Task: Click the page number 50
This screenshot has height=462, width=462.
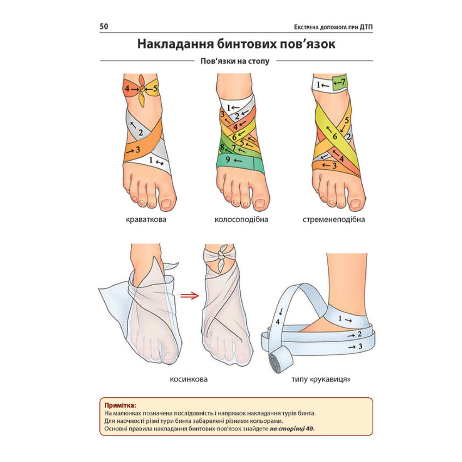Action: click(x=104, y=26)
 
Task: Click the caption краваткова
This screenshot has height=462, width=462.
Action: click(x=146, y=219)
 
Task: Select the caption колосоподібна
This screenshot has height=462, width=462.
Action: click(x=241, y=219)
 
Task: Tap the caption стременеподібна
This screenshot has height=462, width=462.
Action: click(x=334, y=219)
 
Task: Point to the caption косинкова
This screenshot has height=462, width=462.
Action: click(x=188, y=379)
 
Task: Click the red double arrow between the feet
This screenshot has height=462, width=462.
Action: click(x=190, y=296)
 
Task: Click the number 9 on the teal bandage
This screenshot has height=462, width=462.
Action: click(x=228, y=159)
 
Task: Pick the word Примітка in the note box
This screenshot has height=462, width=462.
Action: click(x=120, y=405)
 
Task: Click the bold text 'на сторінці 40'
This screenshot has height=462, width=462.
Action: click(x=292, y=429)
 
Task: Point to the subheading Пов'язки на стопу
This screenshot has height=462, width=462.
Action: click(x=235, y=61)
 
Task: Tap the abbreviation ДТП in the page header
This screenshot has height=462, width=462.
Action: click(x=366, y=27)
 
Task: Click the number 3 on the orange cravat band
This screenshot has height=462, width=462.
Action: click(x=138, y=150)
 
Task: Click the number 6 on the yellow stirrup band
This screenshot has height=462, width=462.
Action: click(x=335, y=136)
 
